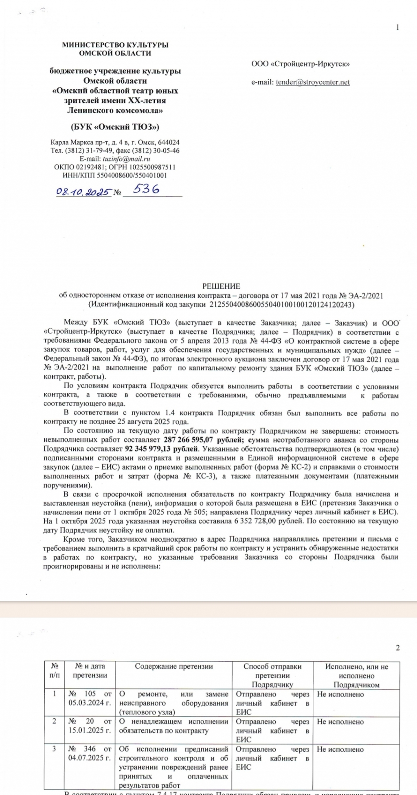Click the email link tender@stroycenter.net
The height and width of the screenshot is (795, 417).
click(x=313, y=82)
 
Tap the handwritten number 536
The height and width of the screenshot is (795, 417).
click(x=146, y=189)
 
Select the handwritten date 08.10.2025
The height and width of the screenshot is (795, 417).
click(x=83, y=191)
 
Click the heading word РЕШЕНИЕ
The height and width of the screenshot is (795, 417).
click(x=221, y=286)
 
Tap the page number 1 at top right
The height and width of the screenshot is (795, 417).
click(x=397, y=27)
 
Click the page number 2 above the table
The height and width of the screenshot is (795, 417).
click(x=397, y=648)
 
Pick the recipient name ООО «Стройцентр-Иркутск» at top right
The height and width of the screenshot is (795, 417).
click(x=301, y=64)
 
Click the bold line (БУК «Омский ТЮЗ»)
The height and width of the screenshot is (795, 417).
click(x=115, y=126)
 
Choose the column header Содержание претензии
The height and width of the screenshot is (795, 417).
click(x=174, y=667)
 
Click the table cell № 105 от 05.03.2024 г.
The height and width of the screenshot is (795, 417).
click(x=90, y=698)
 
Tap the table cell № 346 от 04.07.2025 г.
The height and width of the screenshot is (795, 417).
click(x=90, y=753)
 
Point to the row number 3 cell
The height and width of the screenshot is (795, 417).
click(x=54, y=749)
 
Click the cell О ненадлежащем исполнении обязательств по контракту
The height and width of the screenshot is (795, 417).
click(x=173, y=726)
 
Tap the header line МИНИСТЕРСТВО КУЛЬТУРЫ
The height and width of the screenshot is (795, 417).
click(x=115, y=45)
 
